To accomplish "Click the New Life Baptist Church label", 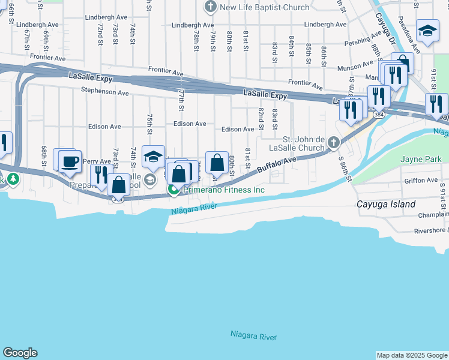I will point(265,7).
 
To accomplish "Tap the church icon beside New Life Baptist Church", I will point(210,7).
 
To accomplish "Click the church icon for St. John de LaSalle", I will point(334,143).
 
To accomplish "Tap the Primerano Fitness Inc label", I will point(224,190).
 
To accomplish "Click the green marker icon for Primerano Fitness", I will point(174,190).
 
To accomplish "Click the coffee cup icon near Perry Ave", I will point(70,161).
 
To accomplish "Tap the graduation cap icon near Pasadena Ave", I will point(427,31).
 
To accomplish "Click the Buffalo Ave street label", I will point(277,166).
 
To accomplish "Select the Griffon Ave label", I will point(421,180).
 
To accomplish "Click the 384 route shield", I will point(378,114).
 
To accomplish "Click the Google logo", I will point(20,353).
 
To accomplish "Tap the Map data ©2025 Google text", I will point(411,355).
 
